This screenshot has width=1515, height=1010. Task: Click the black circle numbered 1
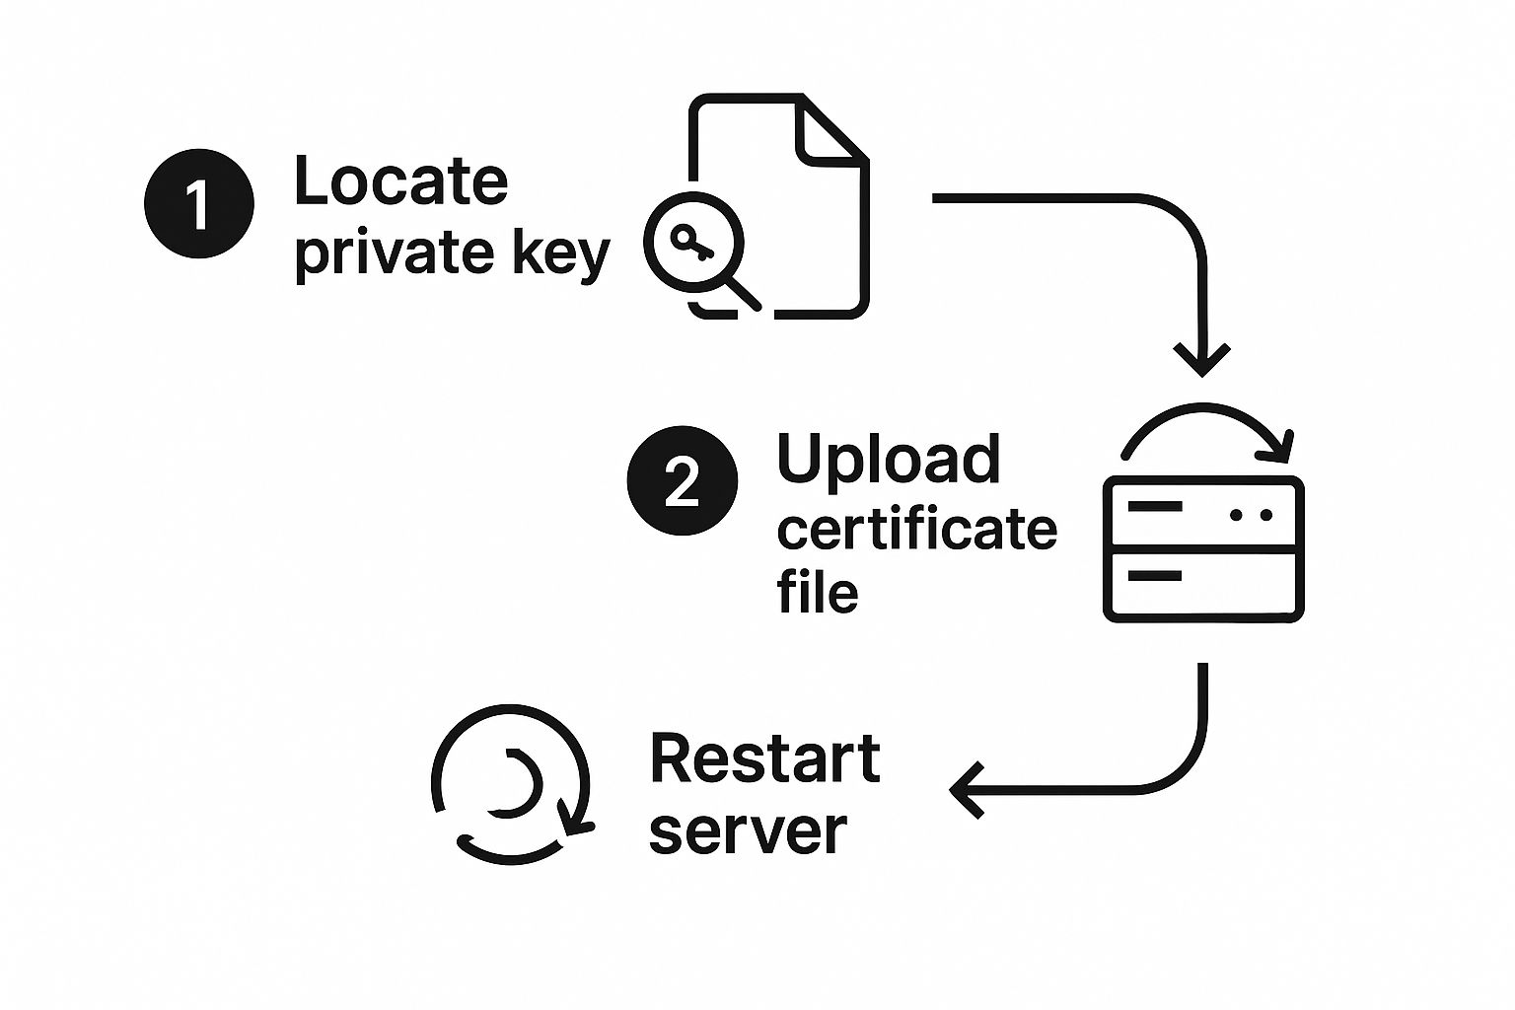tap(199, 204)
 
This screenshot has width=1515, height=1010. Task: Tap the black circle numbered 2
tap(683, 480)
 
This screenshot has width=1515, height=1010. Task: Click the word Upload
tap(888, 460)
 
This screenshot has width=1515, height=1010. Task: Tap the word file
tap(817, 592)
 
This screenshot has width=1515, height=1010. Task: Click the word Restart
tap(764, 758)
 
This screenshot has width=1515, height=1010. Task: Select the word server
tap(748, 830)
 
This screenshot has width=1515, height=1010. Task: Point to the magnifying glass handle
tap(742, 293)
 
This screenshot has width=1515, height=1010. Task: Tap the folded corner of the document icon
tap(829, 130)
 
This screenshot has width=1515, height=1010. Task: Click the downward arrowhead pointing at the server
tap(1201, 359)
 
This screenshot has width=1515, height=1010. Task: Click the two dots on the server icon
tap(1251, 514)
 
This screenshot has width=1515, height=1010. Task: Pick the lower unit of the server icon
tap(1203, 586)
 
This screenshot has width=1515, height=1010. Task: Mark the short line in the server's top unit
tap(1154, 506)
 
